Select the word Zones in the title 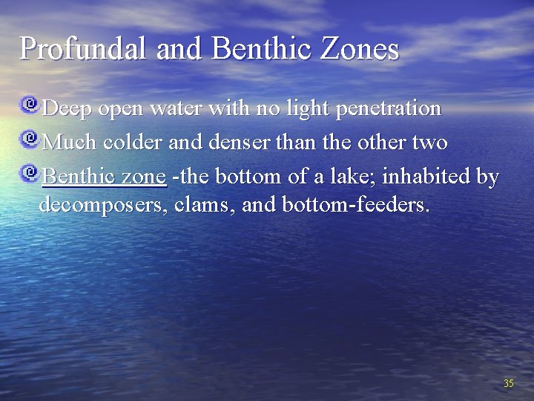click(x=361, y=48)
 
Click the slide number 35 click(x=508, y=383)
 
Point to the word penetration click(x=389, y=109)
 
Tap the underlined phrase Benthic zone click(x=104, y=177)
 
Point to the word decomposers click(x=102, y=204)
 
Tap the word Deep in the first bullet click(x=67, y=109)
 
